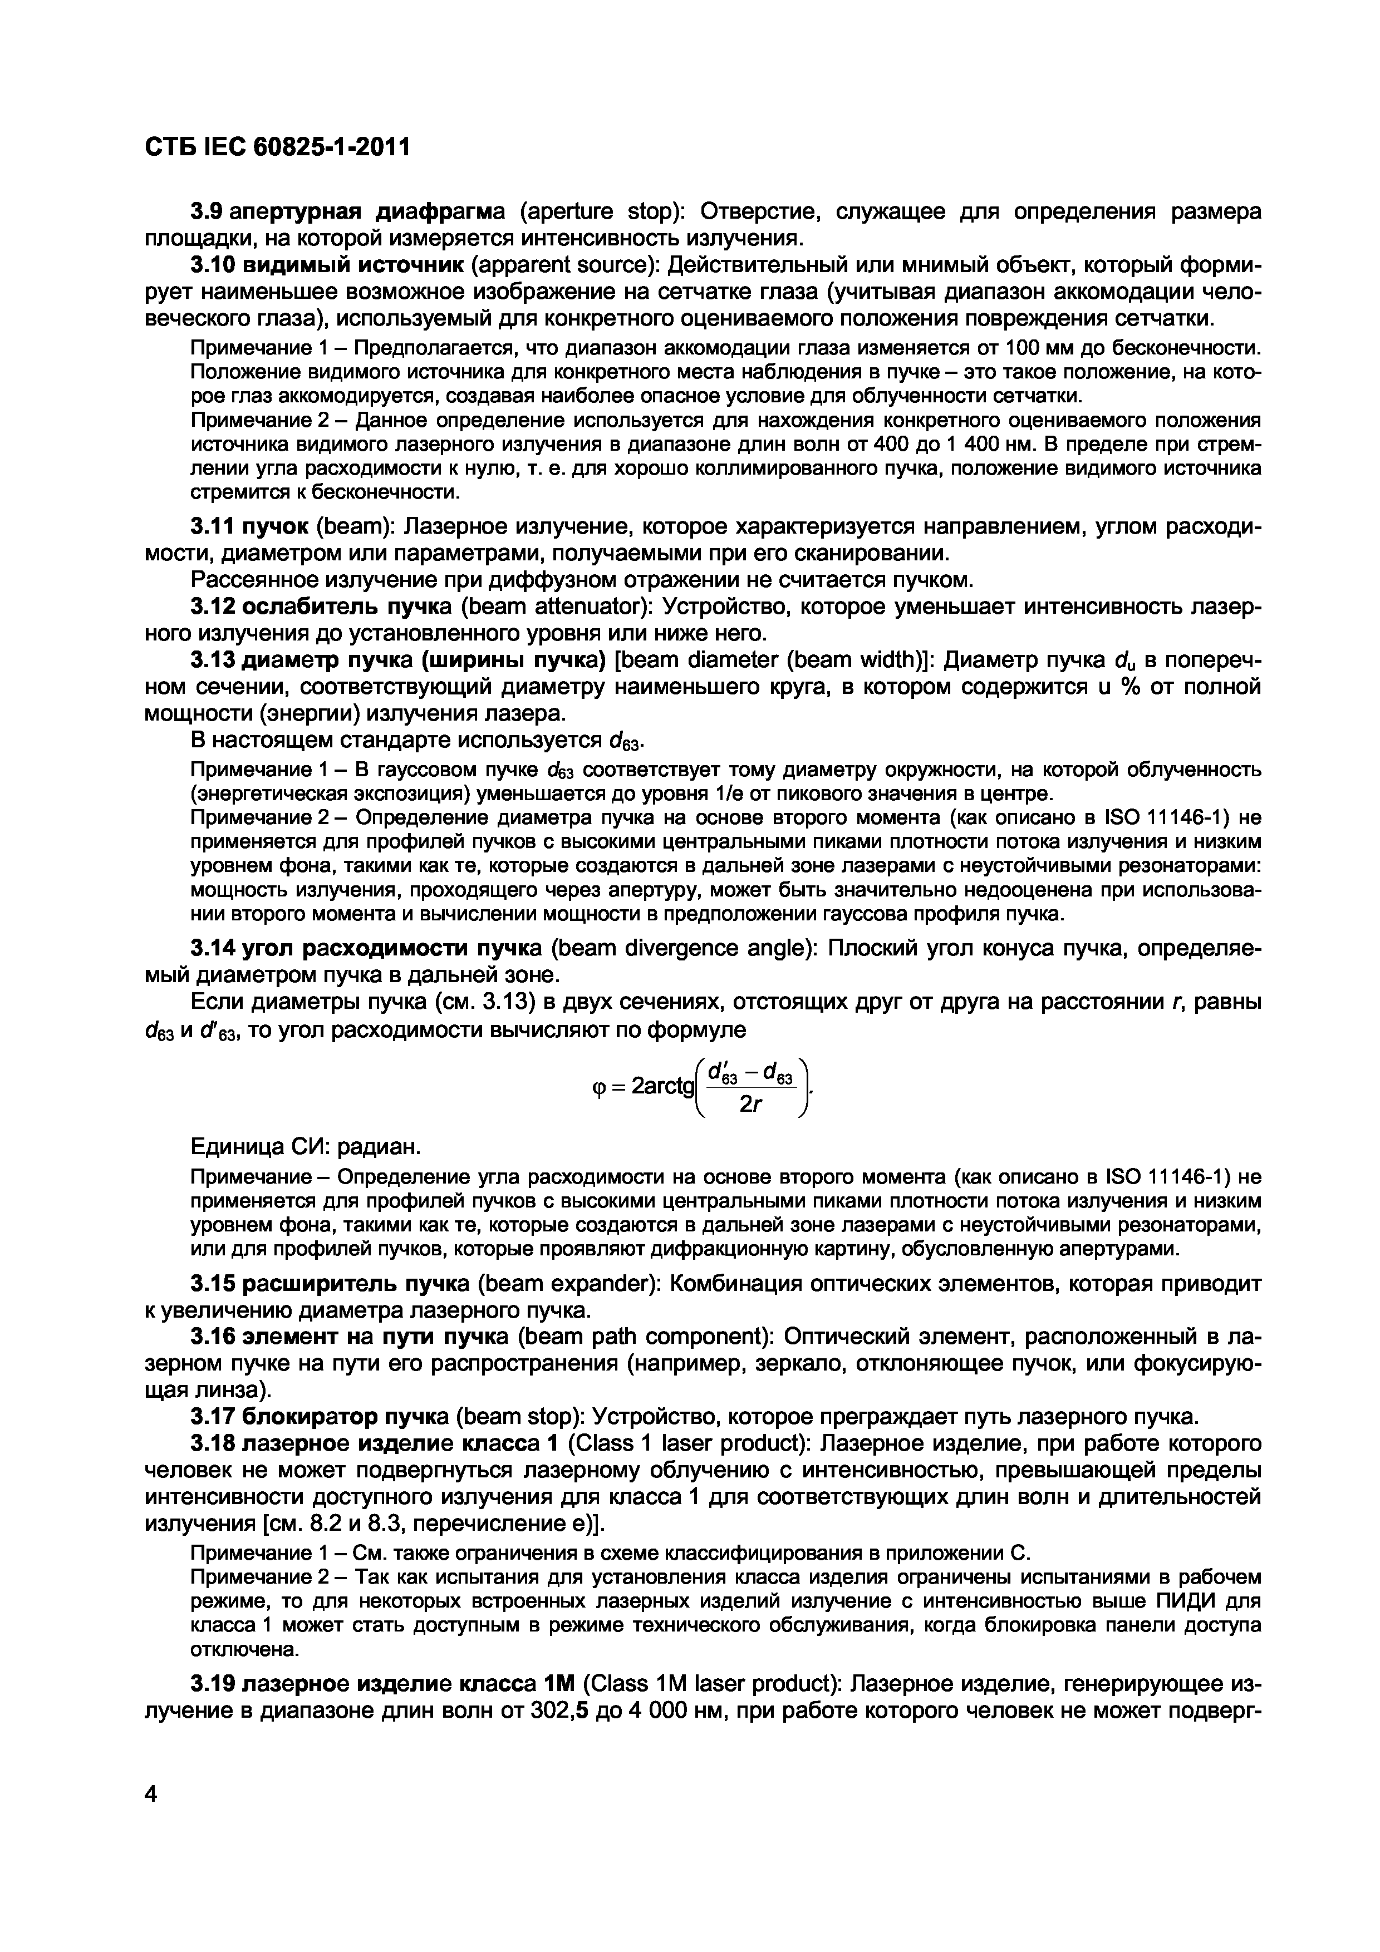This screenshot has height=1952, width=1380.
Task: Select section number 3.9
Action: tap(208, 211)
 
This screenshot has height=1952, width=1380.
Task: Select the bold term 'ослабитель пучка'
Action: tap(348, 607)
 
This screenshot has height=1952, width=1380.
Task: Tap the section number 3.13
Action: tap(213, 660)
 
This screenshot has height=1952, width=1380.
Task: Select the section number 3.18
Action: tap(213, 1445)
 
